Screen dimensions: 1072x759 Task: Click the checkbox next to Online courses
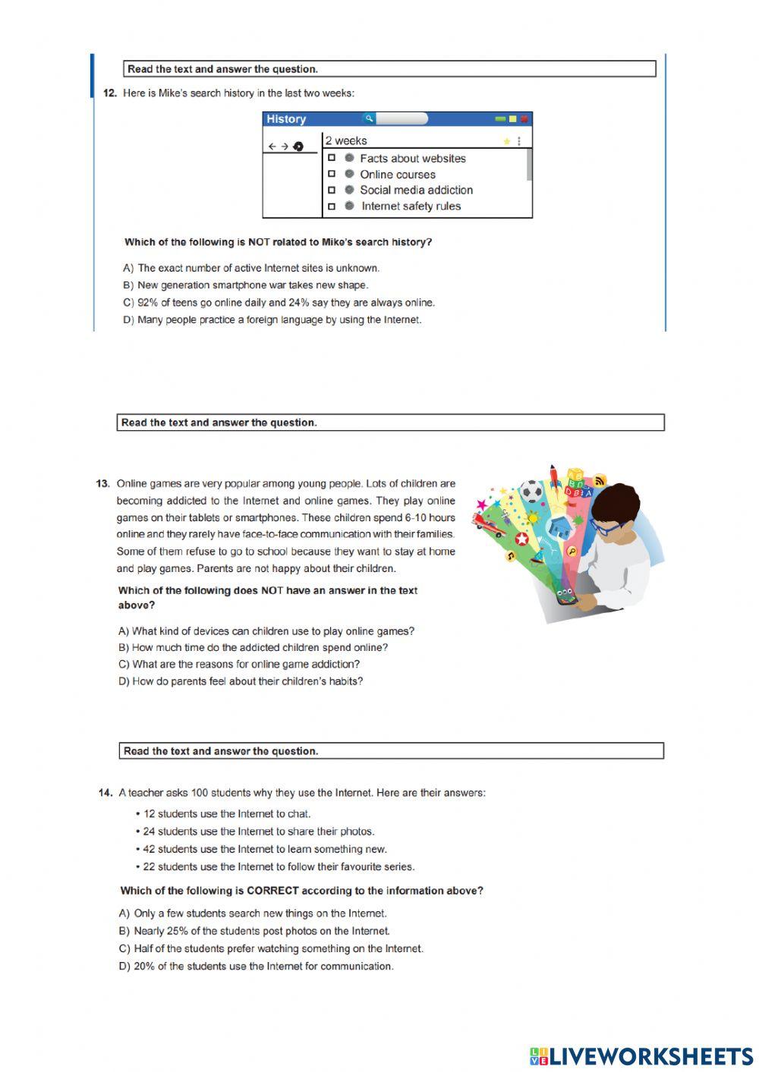pyautogui.click(x=332, y=174)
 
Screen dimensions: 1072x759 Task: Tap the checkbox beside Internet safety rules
pyautogui.click(x=332, y=206)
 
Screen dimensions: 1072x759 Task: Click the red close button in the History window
pyautogui.click(x=524, y=119)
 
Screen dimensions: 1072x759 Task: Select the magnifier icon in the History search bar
pyautogui.click(x=368, y=118)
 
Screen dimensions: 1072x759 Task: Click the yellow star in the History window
pyautogui.click(x=506, y=141)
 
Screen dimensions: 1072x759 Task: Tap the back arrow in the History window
pyautogui.click(x=272, y=146)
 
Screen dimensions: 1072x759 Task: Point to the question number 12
pyautogui.click(x=109, y=93)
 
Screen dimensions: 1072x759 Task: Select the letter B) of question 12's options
pyautogui.click(x=128, y=285)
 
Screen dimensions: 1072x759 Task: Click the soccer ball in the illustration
pyautogui.click(x=532, y=491)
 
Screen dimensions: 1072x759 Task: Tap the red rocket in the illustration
pyautogui.click(x=555, y=476)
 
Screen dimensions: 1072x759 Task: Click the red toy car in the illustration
pyautogui.click(x=486, y=523)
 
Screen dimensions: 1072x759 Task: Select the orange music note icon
pyautogui.click(x=511, y=556)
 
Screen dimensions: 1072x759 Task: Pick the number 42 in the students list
pyautogui.click(x=149, y=849)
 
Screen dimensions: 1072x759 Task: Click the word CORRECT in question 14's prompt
pyautogui.click(x=272, y=891)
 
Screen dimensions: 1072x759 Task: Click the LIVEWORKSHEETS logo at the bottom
pyautogui.click(x=641, y=1056)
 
